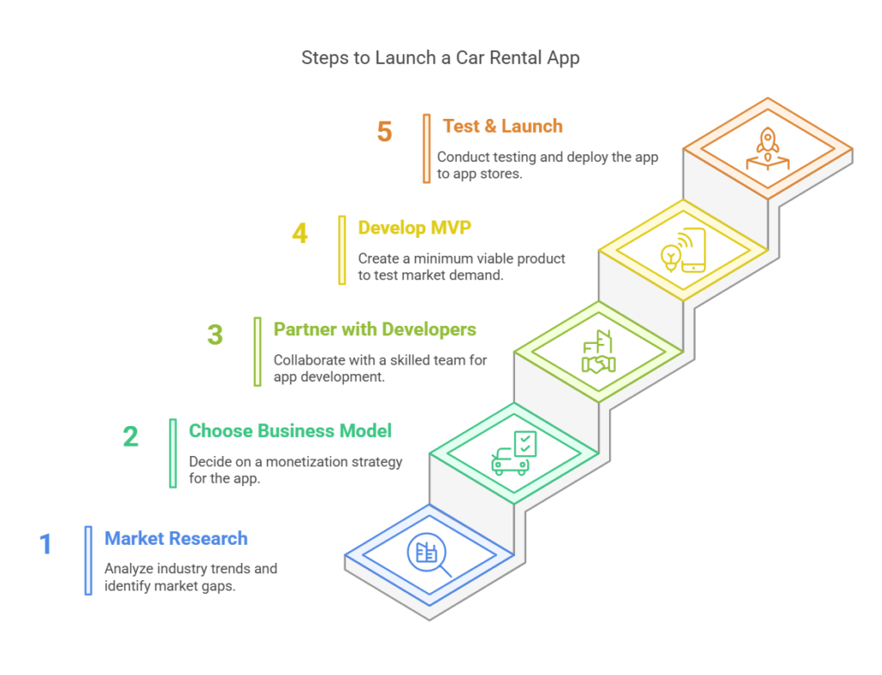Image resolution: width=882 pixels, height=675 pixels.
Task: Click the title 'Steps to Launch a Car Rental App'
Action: click(x=440, y=58)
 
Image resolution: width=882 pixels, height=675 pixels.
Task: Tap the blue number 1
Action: click(x=46, y=545)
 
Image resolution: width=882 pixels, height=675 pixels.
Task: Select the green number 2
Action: click(x=130, y=436)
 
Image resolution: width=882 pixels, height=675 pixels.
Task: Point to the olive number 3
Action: click(x=214, y=334)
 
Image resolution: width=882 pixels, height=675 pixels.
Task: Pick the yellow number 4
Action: click(x=300, y=234)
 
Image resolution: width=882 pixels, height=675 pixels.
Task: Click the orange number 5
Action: click(x=384, y=132)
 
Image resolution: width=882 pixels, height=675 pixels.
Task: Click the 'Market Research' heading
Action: click(x=176, y=539)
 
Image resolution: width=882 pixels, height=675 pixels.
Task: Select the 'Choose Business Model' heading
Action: click(x=290, y=430)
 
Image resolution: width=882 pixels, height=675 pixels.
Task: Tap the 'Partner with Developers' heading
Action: click(x=375, y=329)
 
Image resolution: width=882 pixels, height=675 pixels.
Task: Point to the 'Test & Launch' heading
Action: click(x=502, y=126)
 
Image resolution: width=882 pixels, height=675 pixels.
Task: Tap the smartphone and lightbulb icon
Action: click(x=683, y=249)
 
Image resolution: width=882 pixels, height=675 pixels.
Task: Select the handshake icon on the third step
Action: click(x=599, y=353)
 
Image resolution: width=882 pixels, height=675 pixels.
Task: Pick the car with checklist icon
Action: click(x=514, y=453)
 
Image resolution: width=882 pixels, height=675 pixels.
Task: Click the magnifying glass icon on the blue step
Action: click(x=431, y=553)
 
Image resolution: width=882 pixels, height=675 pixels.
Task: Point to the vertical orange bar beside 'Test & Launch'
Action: click(x=426, y=148)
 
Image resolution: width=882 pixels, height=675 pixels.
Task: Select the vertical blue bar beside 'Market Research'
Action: click(x=88, y=560)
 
